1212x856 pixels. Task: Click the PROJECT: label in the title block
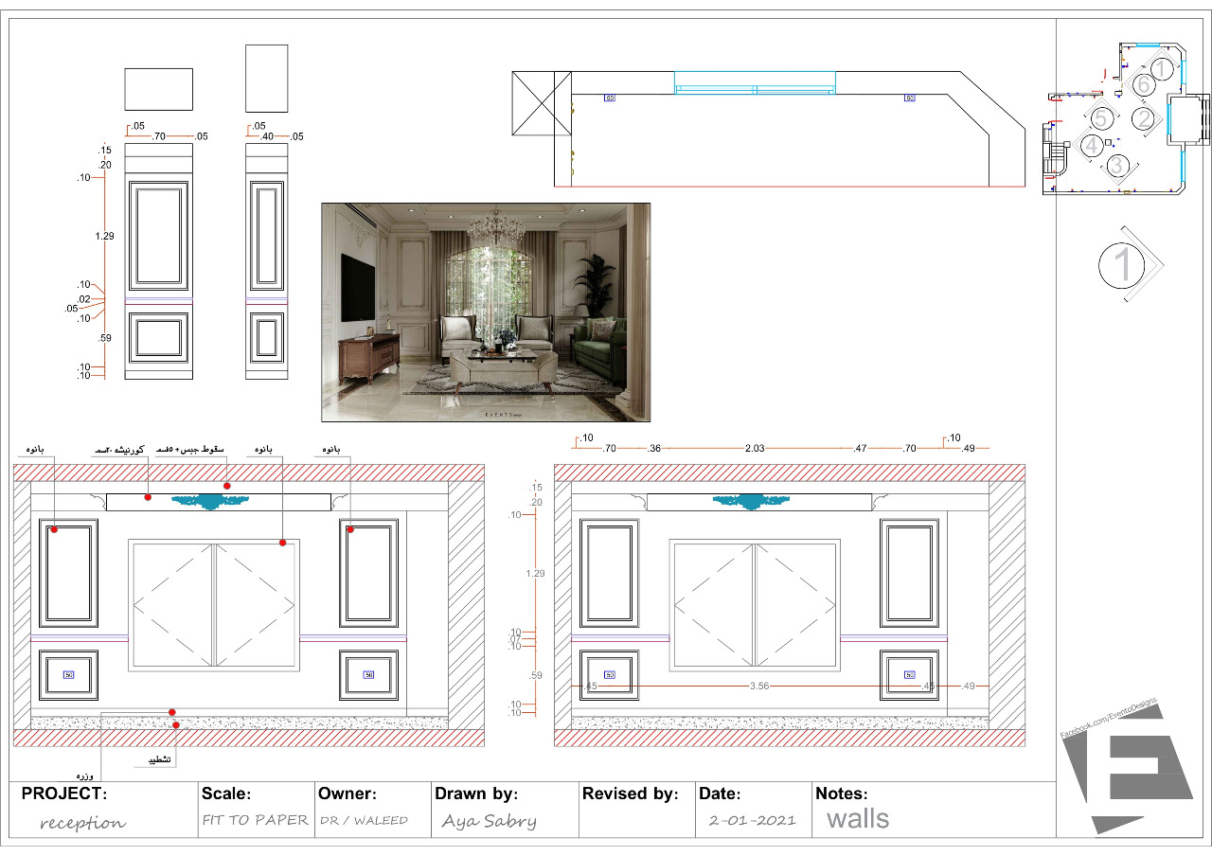[x=64, y=794]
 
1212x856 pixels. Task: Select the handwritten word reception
[x=82, y=822]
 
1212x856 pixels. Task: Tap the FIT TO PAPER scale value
[x=256, y=820]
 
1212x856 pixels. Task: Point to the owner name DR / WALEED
[x=364, y=820]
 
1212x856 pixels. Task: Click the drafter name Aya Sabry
[x=489, y=821]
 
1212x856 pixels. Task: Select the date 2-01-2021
[x=752, y=820]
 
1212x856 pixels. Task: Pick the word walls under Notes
[x=858, y=818]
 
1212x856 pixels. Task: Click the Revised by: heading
[x=630, y=794]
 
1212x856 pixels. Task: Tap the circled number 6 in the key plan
[x=1143, y=85]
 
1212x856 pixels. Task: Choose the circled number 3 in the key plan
[x=1117, y=166]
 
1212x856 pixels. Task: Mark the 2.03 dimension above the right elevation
[x=755, y=448]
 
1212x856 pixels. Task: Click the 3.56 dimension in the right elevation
[x=759, y=686]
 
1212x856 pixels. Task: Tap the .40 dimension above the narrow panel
[x=267, y=137]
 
